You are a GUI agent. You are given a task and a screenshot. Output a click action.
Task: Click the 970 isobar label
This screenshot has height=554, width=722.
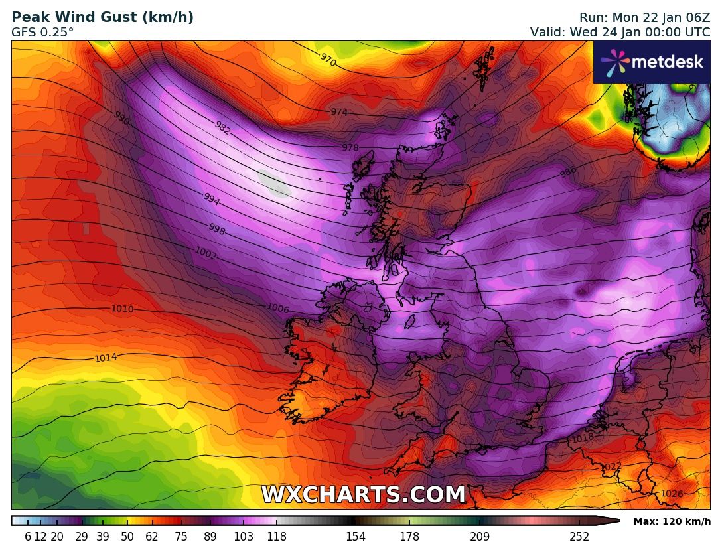(328, 60)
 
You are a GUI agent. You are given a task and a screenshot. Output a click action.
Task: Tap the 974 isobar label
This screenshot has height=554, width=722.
(339, 113)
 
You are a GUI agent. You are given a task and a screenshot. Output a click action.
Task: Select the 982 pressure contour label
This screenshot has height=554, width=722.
(222, 128)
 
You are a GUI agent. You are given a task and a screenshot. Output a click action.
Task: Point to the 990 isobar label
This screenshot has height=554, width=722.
(121, 118)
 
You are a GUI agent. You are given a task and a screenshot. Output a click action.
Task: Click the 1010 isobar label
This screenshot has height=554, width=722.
(123, 309)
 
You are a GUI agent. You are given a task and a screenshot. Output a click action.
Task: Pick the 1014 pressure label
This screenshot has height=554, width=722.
(106, 358)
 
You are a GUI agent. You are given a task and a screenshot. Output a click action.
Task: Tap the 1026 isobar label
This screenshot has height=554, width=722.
(672, 494)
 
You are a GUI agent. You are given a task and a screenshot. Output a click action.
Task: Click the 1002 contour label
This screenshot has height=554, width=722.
(206, 253)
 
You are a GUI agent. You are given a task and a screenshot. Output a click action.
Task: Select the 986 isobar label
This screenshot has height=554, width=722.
(568, 173)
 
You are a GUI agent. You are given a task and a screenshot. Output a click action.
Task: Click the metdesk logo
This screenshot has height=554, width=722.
(651, 62)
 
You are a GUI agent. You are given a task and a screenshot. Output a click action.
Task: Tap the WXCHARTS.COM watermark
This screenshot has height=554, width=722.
(363, 495)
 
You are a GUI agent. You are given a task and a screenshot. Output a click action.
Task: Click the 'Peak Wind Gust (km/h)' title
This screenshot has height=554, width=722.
(103, 18)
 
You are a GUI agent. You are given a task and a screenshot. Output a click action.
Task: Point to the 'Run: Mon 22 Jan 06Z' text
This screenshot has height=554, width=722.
(644, 18)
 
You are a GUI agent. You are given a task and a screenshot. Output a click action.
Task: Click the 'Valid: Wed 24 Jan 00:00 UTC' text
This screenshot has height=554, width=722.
(620, 32)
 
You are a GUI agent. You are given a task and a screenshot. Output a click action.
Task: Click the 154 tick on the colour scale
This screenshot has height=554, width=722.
(356, 537)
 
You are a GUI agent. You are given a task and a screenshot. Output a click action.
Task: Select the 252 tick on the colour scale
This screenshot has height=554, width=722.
(579, 537)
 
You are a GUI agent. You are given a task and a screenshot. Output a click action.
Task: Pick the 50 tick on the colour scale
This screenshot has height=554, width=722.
(127, 537)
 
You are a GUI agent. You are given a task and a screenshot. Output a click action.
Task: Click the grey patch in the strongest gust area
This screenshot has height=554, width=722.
(274, 184)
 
